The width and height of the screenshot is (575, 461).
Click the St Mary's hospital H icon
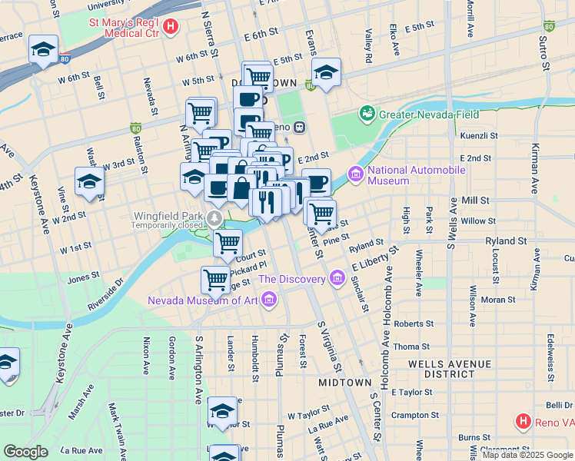171,25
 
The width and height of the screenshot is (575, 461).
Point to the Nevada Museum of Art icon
268,300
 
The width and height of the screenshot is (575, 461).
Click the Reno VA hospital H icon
523,421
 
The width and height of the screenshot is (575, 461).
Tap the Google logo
25,451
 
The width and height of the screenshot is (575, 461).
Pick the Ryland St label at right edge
505,240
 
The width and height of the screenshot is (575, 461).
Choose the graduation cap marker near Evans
327,75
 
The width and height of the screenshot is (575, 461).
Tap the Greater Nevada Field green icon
368,114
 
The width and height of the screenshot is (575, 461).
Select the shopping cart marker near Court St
228,243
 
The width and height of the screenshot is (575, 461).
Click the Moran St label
499,300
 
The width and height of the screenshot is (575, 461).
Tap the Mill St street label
475,200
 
